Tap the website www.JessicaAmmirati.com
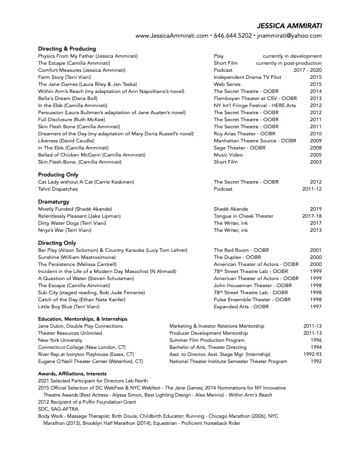pos(172,36)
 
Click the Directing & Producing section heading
pos(67,48)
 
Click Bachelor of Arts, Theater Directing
pos(208,347)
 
